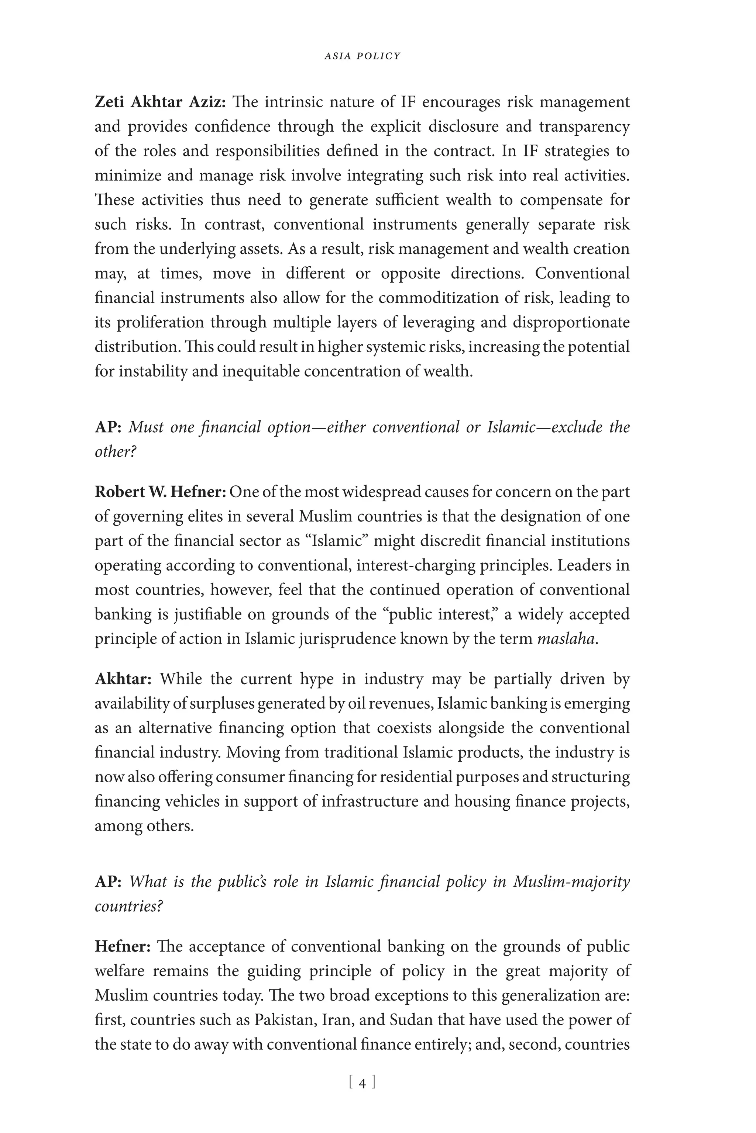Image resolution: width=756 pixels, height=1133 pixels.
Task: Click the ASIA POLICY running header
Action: [362, 56]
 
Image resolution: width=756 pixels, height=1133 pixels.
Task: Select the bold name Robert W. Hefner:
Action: [160, 492]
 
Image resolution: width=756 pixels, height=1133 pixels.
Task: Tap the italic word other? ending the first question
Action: [115, 452]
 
